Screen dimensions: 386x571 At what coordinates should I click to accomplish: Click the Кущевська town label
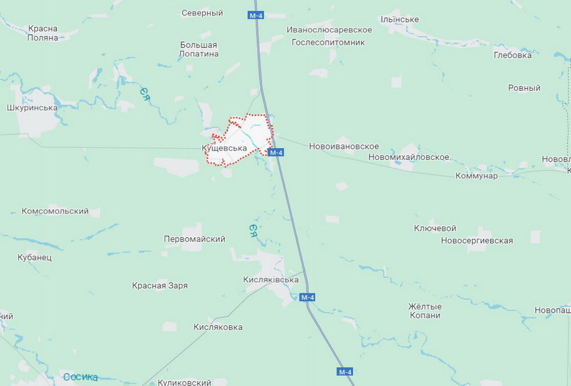point(224,148)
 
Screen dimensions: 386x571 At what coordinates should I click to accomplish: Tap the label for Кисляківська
point(271,280)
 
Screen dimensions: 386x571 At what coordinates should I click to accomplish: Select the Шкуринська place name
point(33,107)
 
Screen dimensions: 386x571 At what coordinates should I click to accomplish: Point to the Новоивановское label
point(344,147)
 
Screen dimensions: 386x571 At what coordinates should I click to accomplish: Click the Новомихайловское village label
point(409,157)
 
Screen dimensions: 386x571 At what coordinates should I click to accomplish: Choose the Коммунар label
point(476,176)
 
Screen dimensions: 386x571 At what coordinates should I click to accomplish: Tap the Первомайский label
point(194,239)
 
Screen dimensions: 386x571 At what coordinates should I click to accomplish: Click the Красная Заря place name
point(160,286)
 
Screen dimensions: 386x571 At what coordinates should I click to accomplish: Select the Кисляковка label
point(218,327)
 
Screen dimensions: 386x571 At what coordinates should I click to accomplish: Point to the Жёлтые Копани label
point(425,311)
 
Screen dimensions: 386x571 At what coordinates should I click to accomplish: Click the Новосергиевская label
point(477,241)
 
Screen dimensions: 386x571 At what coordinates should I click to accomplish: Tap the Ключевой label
point(435,228)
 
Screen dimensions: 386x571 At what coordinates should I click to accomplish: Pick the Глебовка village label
point(513,55)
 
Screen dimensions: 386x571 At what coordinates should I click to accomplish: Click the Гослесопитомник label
point(328,42)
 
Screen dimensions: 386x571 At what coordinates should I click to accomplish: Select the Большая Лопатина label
point(199,49)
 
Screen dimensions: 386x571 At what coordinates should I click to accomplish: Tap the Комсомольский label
point(55,211)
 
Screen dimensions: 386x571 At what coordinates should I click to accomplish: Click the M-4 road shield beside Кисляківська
point(307,297)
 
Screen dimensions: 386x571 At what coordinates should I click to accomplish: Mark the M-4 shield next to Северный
point(256,15)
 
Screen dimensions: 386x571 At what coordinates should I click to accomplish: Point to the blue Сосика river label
point(81,377)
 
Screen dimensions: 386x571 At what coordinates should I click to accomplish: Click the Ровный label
point(524,88)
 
